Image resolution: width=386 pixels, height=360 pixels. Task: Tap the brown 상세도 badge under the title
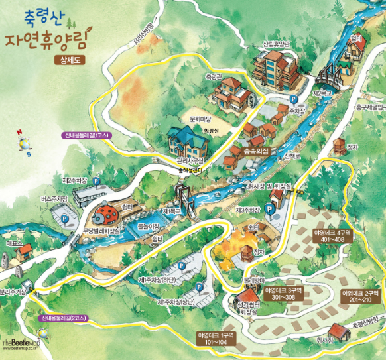69,60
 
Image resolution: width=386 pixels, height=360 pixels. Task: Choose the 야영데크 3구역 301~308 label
283,294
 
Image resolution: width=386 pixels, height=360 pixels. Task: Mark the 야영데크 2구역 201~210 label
360,296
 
